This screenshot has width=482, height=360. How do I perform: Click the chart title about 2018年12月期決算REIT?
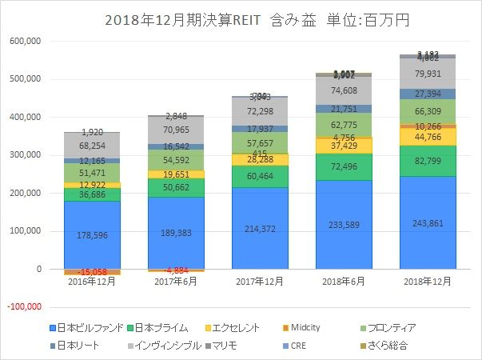point(240,18)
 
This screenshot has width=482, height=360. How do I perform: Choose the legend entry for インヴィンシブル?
point(166,346)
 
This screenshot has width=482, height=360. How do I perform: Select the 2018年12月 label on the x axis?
point(423,282)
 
